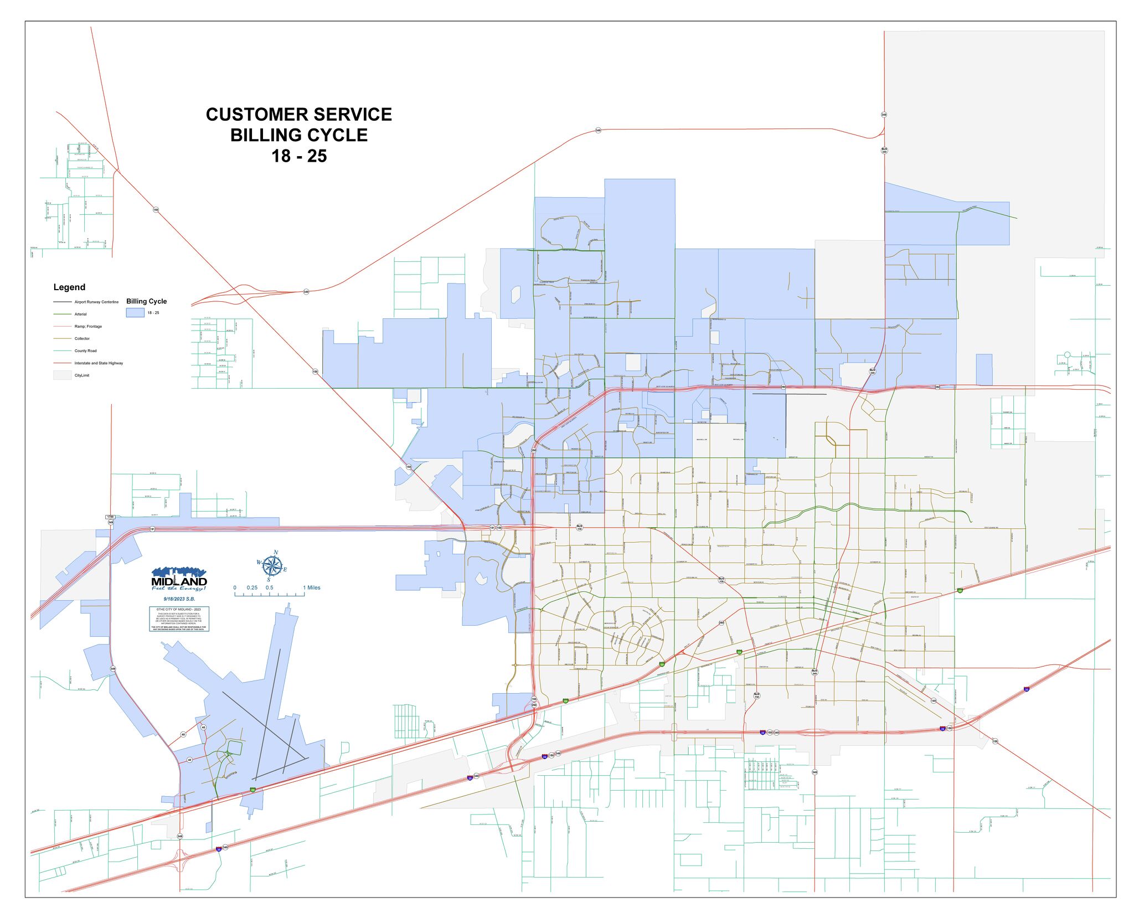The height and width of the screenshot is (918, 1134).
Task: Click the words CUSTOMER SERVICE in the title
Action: tap(298, 115)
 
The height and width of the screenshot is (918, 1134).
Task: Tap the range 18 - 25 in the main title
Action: tap(299, 156)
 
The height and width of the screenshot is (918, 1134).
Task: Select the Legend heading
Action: tap(69, 287)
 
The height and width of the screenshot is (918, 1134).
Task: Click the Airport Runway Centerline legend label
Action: tap(96, 302)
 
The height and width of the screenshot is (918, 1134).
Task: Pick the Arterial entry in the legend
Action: tap(81, 314)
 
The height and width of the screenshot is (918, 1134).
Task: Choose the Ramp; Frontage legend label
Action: tap(88, 327)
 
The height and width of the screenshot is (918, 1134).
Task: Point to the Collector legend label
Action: tap(82, 339)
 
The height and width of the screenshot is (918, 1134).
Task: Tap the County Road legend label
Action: tap(85, 351)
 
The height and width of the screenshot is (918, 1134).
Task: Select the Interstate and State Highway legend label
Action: tap(99, 363)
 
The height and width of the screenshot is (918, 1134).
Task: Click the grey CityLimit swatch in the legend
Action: tap(62, 375)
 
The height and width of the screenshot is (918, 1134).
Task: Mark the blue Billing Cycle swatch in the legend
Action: tap(135, 313)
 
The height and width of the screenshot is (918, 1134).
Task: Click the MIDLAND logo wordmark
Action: tap(179, 582)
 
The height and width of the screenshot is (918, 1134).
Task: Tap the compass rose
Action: tap(271, 565)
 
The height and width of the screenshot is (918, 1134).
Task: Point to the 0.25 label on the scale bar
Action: tap(252, 588)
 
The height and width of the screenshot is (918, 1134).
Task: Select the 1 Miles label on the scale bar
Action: tap(312, 588)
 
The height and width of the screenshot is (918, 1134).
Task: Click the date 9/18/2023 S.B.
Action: tap(179, 599)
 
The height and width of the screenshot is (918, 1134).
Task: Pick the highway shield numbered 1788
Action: tap(110, 517)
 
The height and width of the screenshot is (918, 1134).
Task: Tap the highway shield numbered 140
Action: tap(933, 701)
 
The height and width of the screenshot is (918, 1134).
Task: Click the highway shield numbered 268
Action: tap(721, 623)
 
